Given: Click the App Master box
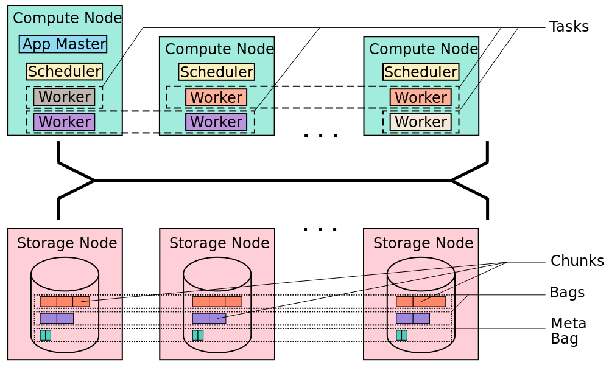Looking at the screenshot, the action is coord(63,44).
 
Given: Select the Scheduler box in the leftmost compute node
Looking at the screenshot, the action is coord(65,71).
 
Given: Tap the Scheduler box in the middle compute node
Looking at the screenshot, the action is coord(217,72).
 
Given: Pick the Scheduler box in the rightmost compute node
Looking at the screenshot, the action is coord(421,72).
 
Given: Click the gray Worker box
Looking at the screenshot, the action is coord(64,97).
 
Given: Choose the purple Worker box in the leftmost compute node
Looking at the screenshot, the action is coord(64,122).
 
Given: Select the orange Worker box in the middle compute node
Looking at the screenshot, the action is coord(216,97).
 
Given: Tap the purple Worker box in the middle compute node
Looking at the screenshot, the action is coord(216,122).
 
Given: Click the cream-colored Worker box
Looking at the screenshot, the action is coord(421,122).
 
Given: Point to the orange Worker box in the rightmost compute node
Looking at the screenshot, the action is coord(421,97).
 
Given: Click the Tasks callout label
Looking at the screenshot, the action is coord(569,27).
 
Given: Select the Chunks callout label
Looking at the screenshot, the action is coord(577,260).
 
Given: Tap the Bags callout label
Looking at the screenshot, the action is coord(567,293).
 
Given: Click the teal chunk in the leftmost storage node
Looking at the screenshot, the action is coord(46,335).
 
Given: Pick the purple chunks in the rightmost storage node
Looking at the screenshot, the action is coord(413,318).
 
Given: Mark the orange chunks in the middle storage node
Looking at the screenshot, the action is coord(217,302).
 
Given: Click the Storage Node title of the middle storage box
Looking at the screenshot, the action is coord(219,243).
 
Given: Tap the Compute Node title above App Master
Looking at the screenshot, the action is coord(67,18).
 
